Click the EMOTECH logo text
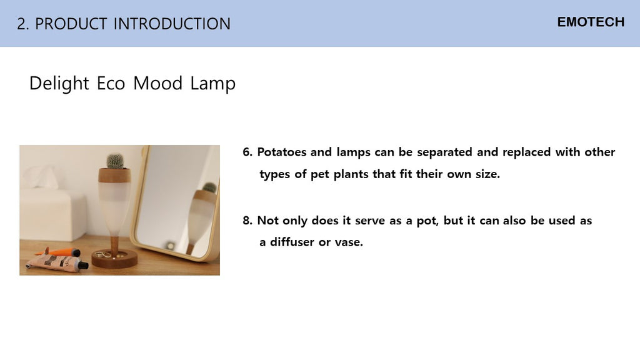(591, 22)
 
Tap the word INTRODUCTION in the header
(172, 24)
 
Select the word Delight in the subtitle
(59, 84)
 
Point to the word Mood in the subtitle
(157, 83)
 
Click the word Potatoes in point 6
(281, 152)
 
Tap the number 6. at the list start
(247, 152)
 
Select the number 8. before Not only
(247, 221)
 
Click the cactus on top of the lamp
(115, 161)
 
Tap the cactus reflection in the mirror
(209, 187)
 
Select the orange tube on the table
(61, 252)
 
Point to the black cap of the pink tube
(83, 265)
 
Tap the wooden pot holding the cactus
(115, 175)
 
